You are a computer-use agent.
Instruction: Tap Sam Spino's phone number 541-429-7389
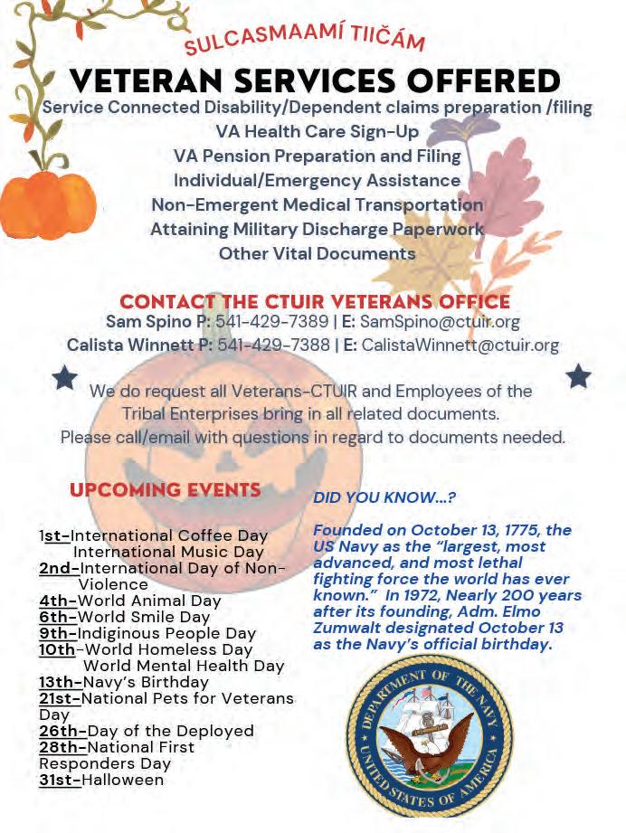pyautogui.click(x=272, y=321)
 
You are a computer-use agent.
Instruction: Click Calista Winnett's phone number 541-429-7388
pyautogui.click(x=274, y=345)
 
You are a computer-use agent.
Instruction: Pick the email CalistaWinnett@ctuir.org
pyautogui.click(x=460, y=345)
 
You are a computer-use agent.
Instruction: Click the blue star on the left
pyautogui.click(x=65, y=377)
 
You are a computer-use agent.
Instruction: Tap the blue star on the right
pyautogui.click(x=578, y=375)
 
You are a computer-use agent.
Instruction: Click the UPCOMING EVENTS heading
pyautogui.click(x=166, y=490)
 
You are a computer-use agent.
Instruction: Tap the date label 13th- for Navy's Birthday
pyautogui.click(x=60, y=682)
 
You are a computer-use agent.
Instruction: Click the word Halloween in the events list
pyautogui.click(x=124, y=780)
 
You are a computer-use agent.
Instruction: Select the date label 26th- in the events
pyautogui.click(x=62, y=731)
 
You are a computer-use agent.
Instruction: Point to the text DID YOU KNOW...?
pyautogui.click(x=384, y=497)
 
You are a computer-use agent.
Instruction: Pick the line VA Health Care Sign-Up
pyautogui.click(x=317, y=131)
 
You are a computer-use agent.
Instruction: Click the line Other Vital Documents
pyautogui.click(x=317, y=253)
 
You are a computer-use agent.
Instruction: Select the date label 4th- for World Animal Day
pyautogui.click(x=58, y=601)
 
